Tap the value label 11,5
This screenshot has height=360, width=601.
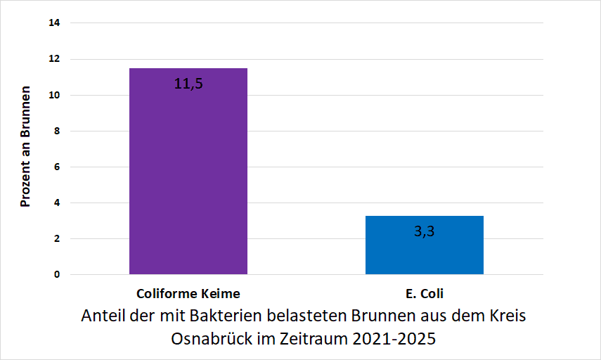pos(188,84)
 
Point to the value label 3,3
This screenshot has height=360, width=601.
pos(424,231)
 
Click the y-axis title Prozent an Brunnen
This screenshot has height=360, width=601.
pos(25,147)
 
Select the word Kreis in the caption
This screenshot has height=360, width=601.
pos(507,316)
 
